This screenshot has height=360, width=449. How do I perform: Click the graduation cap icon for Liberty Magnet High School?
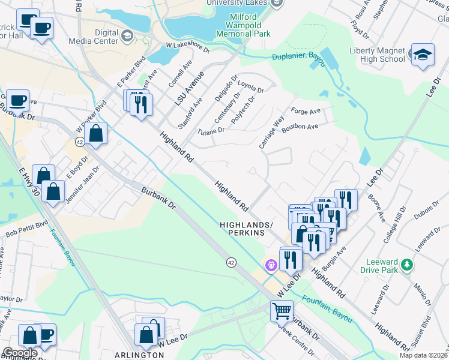coord(423,55)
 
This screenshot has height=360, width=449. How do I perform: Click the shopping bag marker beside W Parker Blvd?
coord(96,134)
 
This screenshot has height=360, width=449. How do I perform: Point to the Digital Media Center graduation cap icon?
coord(127,37)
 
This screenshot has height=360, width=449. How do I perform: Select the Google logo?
coord(20,353)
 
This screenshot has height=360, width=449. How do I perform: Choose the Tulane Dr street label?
coord(211,130)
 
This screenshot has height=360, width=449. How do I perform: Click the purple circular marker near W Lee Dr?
coord(271,264)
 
